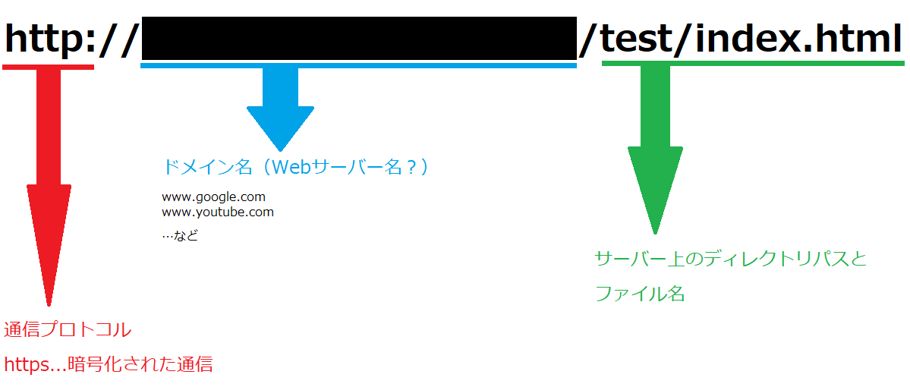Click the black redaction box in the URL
[x=359, y=38]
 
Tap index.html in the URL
[x=798, y=39]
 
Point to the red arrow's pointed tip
[x=49, y=302]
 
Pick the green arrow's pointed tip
[x=655, y=229]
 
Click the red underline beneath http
[x=48, y=67]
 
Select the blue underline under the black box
[x=359, y=66]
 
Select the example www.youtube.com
[x=217, y=212]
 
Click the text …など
[x=180, y=236]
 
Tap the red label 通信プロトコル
[x=68, y=330]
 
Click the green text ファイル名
[x=640, y=294]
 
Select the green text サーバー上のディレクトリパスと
[x=730, y=259]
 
